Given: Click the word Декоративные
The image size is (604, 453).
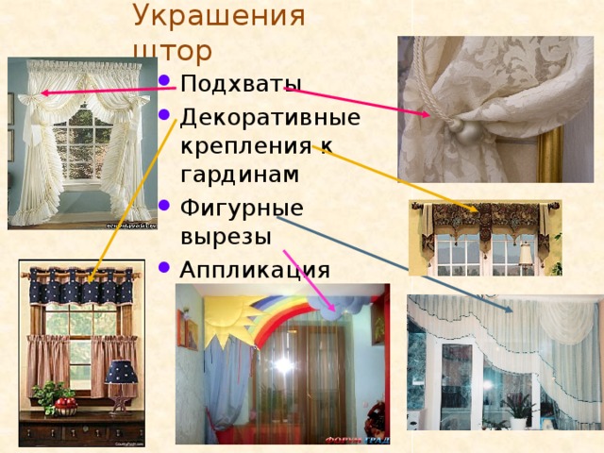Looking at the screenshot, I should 270,118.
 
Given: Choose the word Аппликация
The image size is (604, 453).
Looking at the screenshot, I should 255,269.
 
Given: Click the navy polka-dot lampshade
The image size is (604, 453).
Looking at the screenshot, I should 122,371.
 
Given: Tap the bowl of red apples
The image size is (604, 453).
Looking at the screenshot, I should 64,404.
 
